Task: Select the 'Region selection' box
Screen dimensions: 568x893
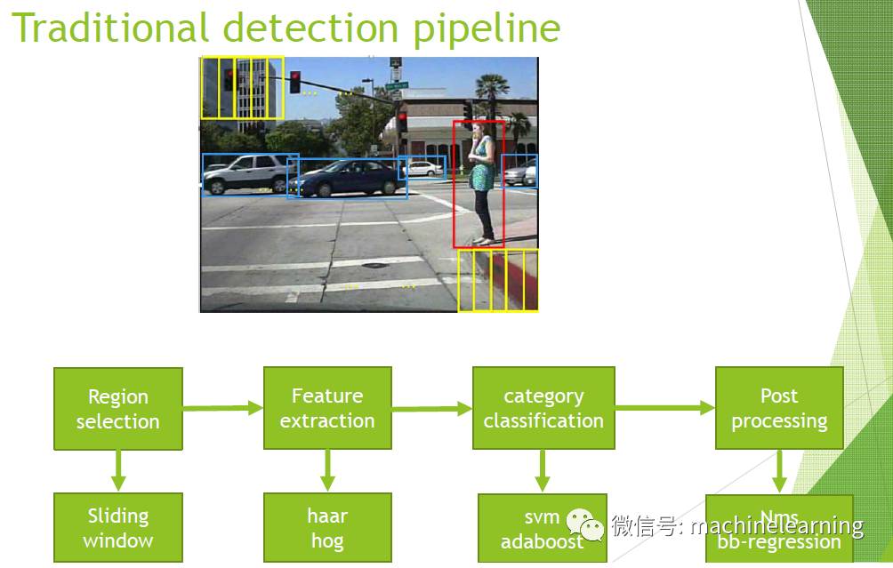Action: [117, 409]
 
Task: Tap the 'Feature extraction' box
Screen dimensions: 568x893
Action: [327, 408]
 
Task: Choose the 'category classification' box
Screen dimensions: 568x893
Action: [543, 408]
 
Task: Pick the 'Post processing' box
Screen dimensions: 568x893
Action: [779, 408]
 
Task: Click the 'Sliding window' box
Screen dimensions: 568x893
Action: [118, 527]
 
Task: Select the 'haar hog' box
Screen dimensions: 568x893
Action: [327, 527]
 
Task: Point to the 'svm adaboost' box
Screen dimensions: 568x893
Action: [542, 527]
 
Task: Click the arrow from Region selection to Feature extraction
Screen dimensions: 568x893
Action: [222, 408]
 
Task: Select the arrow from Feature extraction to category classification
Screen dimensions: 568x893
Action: [431, 409]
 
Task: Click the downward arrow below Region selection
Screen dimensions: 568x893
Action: [118, 469]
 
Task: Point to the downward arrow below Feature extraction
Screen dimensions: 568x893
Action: [327, 469]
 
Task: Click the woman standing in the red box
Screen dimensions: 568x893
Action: [481, 182]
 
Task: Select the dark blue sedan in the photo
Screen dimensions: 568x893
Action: [347, 179]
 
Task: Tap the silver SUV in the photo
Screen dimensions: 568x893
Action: [246, 172]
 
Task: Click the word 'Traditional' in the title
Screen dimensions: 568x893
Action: [111, 28]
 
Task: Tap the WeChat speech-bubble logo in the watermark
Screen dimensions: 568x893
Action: [587, 525]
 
